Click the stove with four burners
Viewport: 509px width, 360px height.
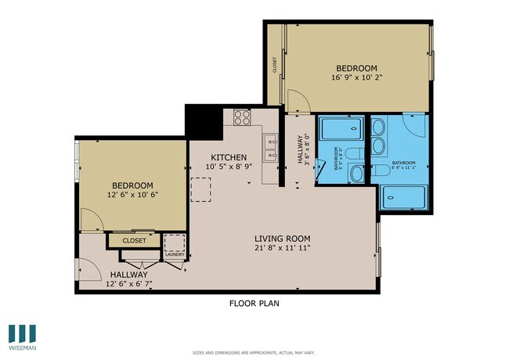(x=242, y=118)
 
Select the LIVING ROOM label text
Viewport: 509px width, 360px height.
(x=283, y=239)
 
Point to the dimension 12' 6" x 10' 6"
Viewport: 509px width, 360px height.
(x=132, y=195)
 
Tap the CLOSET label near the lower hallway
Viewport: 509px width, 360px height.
(x=134, y=241)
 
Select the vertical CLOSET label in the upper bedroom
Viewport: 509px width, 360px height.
(x=275, y=66)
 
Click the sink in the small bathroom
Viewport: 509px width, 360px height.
(x=355, y=174)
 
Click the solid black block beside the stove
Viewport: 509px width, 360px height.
(x=201, y=121)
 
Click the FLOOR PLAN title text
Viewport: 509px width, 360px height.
(x=254, y=303)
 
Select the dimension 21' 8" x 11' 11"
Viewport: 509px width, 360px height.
(x=283, y=249)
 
